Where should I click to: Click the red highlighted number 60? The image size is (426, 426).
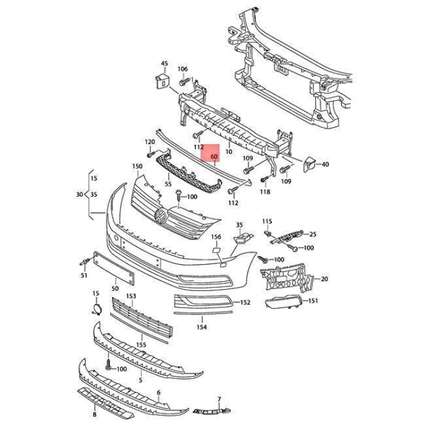tap(214, 157)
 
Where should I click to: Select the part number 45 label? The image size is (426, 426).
tap(164, 63)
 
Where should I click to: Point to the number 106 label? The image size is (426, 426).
tap(183, 69)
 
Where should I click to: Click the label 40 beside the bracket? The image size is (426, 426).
tap(325, 164)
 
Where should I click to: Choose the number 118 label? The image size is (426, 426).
tap(264, 192)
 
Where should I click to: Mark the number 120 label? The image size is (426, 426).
tap(149, 142)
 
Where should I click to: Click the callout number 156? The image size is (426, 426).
tap(216, 237)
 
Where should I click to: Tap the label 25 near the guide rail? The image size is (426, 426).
tap(313, 234)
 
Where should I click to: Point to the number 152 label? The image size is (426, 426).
tap(245, 302)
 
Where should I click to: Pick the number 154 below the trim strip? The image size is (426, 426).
tap(201, 327)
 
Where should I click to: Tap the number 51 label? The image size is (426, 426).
tap(83, 276)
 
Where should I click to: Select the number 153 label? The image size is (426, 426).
tap(131, 296)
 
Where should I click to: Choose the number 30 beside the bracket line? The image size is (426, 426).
tap(79, 195)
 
